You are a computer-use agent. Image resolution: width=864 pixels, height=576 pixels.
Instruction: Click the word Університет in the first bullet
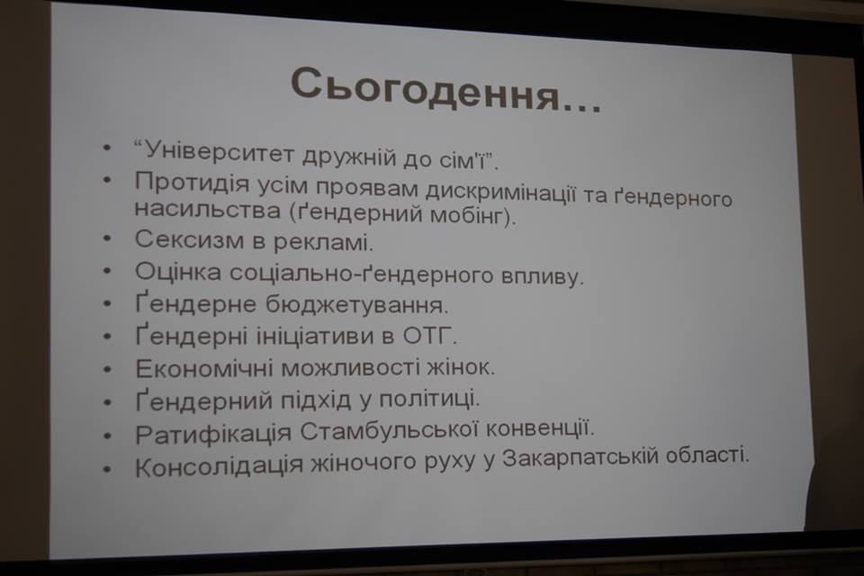219,151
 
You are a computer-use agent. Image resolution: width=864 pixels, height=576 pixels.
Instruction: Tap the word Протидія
191,183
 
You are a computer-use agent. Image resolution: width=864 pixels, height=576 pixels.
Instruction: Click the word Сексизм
188,240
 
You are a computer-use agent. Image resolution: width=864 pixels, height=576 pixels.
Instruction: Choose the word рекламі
323,242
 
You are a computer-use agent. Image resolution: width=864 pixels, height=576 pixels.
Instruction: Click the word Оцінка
178,272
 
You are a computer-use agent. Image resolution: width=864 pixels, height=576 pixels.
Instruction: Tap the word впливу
541,275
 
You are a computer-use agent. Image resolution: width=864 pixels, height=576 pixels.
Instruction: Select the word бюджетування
356,304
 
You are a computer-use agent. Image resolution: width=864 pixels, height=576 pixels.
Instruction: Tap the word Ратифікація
212,435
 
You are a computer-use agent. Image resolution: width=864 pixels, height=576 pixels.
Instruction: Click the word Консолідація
219,466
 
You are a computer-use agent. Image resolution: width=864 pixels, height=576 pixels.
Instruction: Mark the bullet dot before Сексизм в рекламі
107,238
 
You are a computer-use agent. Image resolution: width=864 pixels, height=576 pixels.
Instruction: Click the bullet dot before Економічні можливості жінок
107,369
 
